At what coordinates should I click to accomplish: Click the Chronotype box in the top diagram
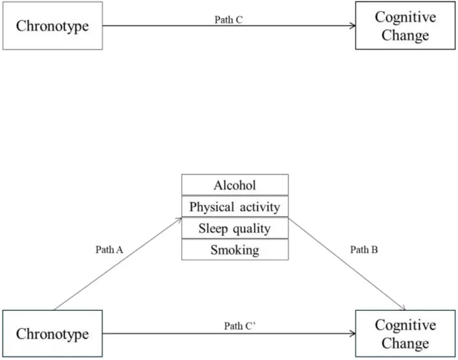(x=52, y=26)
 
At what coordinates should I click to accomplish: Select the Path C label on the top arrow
(x=228, y=19)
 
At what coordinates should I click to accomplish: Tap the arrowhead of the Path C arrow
(x=353, y=26)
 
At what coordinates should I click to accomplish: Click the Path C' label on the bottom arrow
(x=228, y=325)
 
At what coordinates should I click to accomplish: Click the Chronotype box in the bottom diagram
(x=52, y=334)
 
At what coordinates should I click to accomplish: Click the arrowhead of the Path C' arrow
(x=353, y=334)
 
